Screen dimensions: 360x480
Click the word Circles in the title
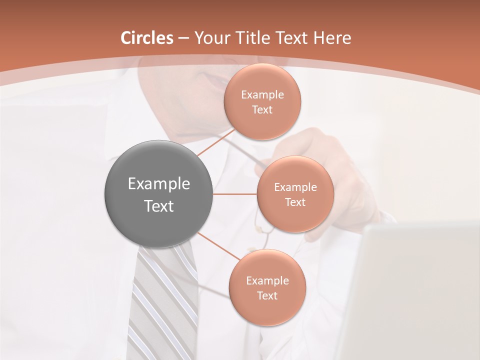tap(147, 38)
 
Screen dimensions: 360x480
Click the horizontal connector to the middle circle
tap(235, 194)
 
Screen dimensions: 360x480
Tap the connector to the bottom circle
tap(219, 246)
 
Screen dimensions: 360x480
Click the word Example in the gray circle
tap(159, 184)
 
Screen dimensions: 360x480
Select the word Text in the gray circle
tap(159, 206)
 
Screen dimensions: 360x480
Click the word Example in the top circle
tap(262, 95)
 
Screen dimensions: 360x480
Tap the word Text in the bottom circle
tap(267, 295)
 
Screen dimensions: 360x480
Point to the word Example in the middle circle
tap(295, 187)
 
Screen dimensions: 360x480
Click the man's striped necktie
tap(160, 300)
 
